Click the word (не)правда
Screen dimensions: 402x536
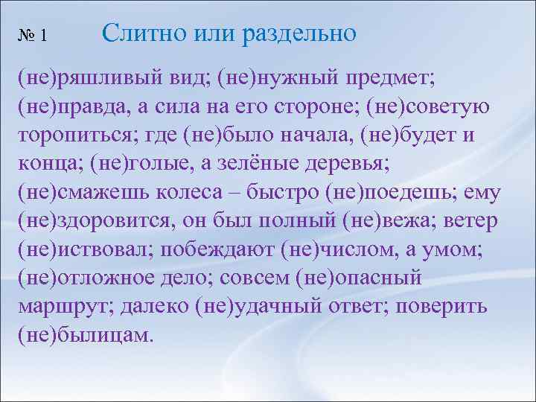72,109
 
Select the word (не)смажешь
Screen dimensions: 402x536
85,194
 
